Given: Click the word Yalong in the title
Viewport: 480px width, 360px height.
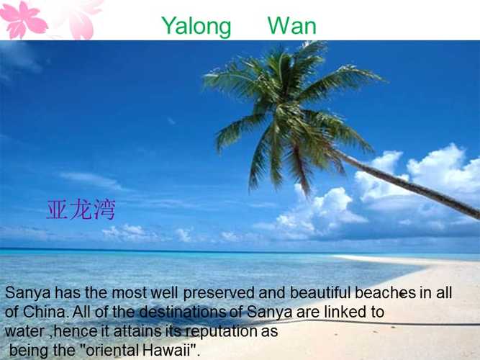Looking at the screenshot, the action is click(196, 27).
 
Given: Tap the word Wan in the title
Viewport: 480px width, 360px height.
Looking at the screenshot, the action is click(291, 25).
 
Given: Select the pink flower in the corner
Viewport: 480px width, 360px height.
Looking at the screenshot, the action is click(23, 20).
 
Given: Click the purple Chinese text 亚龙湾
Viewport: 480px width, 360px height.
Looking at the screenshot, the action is click(81, 210).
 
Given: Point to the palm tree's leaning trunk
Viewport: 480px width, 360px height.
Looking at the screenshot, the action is click(407, 184).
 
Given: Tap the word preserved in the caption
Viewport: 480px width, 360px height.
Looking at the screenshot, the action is click(219, 293).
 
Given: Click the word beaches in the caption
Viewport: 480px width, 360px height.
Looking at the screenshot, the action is click(385, 292).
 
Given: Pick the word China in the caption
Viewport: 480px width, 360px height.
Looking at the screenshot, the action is click(45, 312).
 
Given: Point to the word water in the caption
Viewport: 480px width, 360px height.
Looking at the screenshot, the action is click(24, 331).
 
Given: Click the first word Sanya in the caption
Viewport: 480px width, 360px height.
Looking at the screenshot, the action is click(27, 293).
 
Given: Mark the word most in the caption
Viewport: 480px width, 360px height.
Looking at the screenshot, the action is click(130, 293).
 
